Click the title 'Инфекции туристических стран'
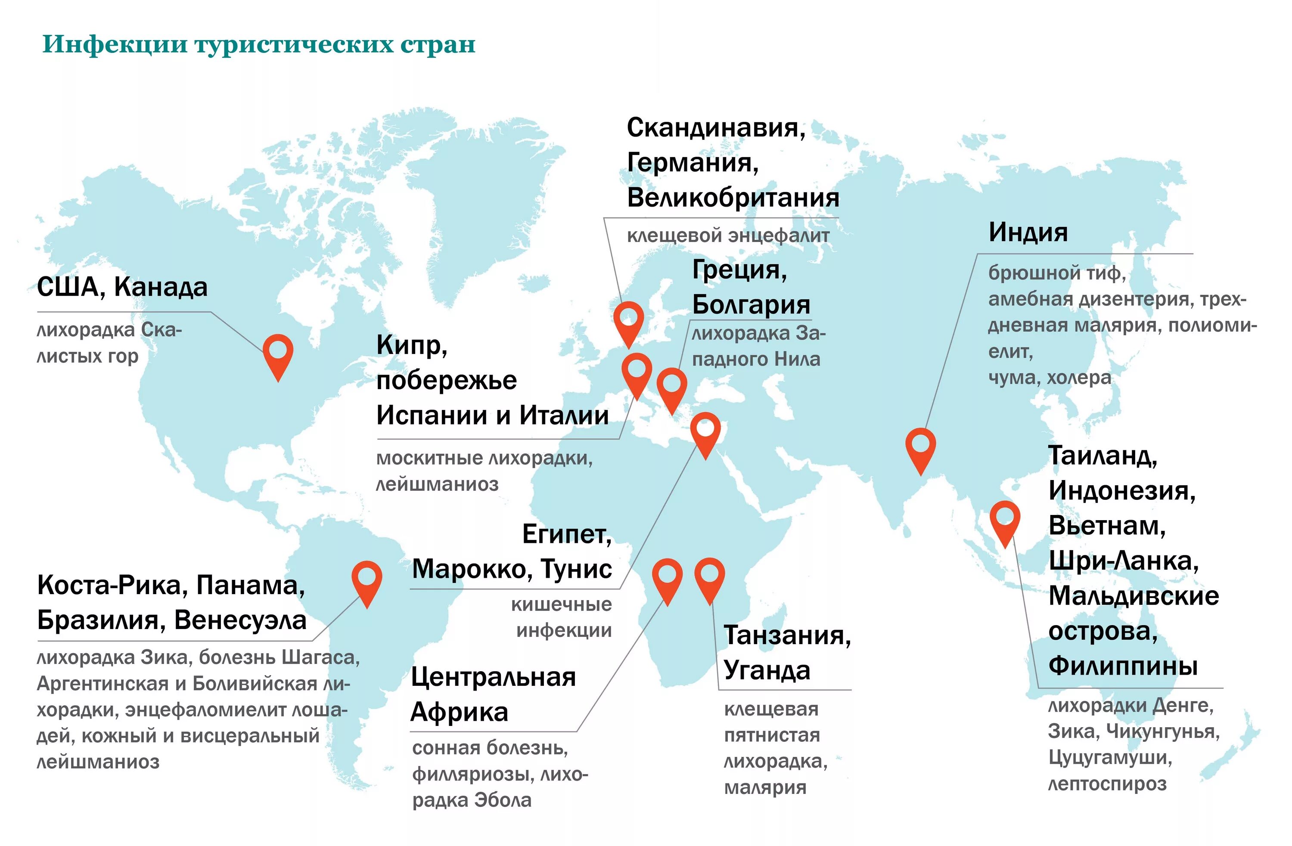pos(258,44)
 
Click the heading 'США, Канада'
pos(122,287)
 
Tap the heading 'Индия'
pos(1028,232)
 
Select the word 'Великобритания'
pos(733,198)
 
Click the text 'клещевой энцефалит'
pos(728,236)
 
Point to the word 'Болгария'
pos(751,304)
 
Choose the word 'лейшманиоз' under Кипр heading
pos(437,484)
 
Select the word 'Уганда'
pos(767,671)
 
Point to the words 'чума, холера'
pos(1050,378)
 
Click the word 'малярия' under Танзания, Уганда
pos(765,787)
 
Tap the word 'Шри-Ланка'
pos(1123,561)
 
